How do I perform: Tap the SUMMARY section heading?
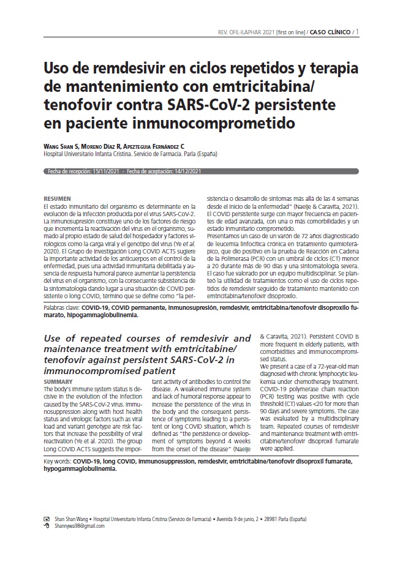59,381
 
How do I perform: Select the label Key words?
58,459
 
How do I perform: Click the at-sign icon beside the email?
47,525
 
